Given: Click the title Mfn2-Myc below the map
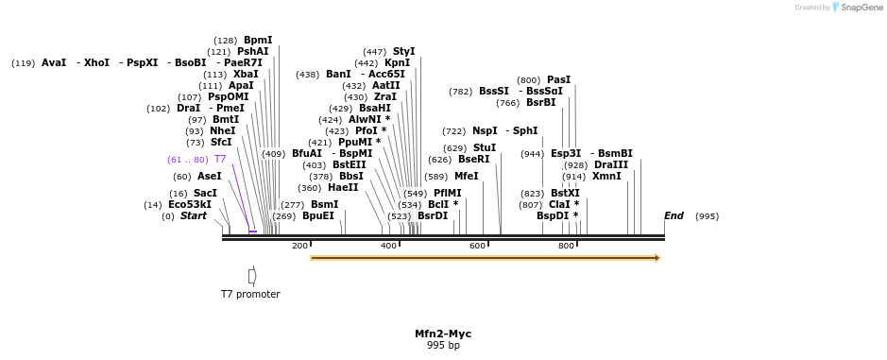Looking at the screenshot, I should pos(443,334).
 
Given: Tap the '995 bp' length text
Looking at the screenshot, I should pos(443,346).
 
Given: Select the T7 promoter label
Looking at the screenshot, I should pos(250,294).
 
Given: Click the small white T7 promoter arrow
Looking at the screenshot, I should pos(251,276).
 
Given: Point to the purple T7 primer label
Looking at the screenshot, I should pos(220,160).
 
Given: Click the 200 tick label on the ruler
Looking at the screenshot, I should pos(299,246).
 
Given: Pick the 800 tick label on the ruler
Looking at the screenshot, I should pos(566,246).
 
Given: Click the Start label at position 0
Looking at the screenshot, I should pos(193,216).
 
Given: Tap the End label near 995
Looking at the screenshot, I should pos(674,216).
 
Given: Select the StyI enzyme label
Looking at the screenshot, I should pos(403,52).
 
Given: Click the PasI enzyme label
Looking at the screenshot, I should pos(558,80).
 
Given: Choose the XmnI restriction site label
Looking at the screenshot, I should pos(606,177).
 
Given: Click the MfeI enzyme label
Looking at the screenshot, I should pos(466,177).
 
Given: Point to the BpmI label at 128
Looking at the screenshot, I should pos(258,41).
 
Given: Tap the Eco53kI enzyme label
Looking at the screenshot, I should pos(190,205).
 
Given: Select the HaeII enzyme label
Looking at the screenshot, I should pos(343,188).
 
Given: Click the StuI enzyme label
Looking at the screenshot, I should pos(485,148).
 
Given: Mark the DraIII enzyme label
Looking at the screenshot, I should pos(611,165).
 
